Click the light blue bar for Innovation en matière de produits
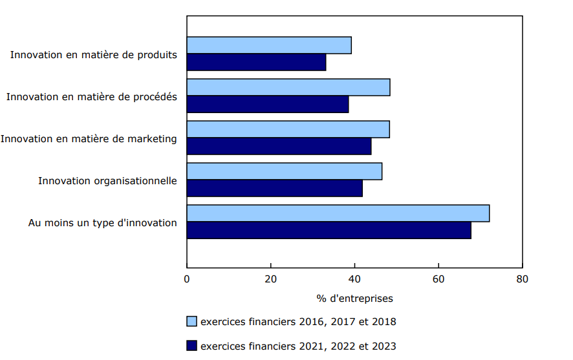pyautogui.click(x=269, y=45)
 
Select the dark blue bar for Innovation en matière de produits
pyautogui.click(x=256, y=62)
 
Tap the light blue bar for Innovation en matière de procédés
pyautogui.click(x=288, y=87)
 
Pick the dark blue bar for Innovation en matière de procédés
pyautogui.click(x=268, y=104)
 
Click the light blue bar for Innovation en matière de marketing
pyautogui.click(x=288, y=129)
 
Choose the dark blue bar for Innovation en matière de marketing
pyautogui.click(x=279, y=146)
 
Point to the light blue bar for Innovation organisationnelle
pyautogui.click(x=285, y=171)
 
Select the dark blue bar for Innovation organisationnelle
pyautogui.click(x=275, y=188)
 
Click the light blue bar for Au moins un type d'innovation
pyautogui.click(x=338, y=213)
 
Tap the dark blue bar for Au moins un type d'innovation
pyautogui.click(x=329, y=230)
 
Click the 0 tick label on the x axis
pyautogui.click(x=187, y=279)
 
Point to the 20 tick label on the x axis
pyautogui.click(x=271, y=279)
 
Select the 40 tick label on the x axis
pyautogui.click(x=354, y=279)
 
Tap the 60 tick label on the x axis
pyautogui.click(x=438, y=279)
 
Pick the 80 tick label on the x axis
pyautogui.click(x=522, y=279)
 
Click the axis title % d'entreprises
pyautogui.click(x=354, y=299)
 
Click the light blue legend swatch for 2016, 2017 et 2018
pyautogui.click(x=191, y=321)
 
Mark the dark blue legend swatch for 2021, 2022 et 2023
pyautogui.click(x=191, y=346)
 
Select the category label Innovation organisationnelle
pyautogui.click(x=107, y=180)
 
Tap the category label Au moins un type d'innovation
pyautogui.click(x=102, y=222)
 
